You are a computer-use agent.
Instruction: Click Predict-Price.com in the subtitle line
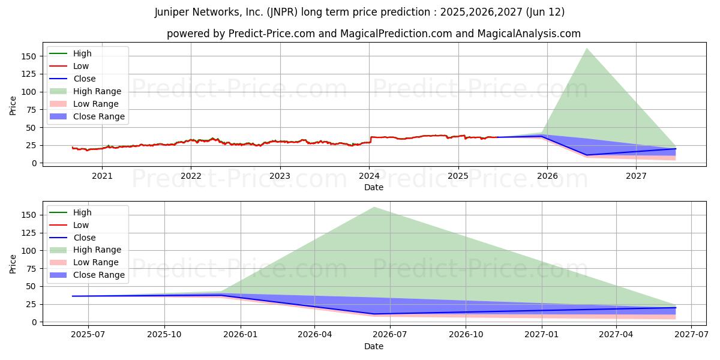(x=271, y=34)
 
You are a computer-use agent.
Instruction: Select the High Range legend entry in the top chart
(x=97, y=91)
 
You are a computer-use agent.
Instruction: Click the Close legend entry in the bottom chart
(x=84, y=238)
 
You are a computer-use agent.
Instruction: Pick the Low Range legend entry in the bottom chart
(x=96, y=262)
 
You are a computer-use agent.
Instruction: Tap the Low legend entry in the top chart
(x=81, y=66)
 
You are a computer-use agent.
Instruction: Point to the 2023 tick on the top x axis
(x=280, y=176)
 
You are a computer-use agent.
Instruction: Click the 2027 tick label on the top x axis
(x=636, y=176)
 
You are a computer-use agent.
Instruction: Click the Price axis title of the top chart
(x=13, y=105)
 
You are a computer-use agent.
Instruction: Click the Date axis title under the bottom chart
(x=373, y=346)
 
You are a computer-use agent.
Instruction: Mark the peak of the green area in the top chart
(x=586, y=48)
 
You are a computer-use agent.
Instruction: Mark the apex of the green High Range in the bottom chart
(x=374, y=207)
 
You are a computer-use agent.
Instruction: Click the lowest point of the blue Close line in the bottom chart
(x=374, y=314)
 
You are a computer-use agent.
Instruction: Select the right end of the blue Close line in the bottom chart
(x=676, y=308)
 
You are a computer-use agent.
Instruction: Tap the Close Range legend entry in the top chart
(x=98, y=116)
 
